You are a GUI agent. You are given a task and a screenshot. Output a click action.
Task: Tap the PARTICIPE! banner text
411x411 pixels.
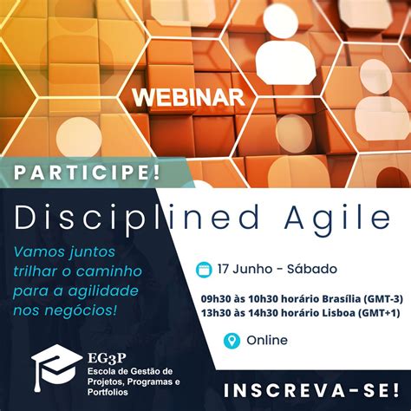[x=86, y=173]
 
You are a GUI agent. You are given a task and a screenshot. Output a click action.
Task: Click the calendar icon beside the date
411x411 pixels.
[x=205, y=269]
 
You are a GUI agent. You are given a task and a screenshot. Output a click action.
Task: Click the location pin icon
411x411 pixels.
[x=231, y=340]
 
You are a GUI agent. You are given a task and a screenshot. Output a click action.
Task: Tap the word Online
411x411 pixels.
[x=267, y=340]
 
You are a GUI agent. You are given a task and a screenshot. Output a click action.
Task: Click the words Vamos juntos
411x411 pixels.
[x=51, y=252]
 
